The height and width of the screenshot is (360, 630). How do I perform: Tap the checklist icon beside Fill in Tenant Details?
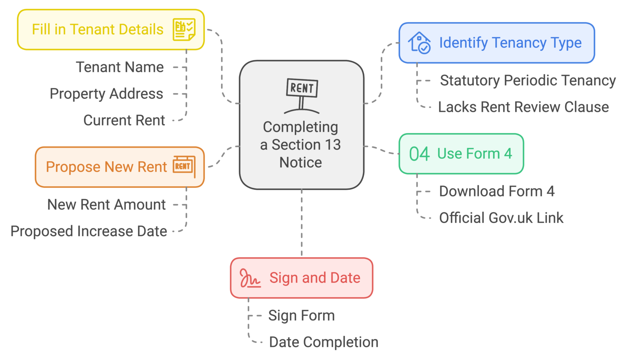pyautogui.click(x=184, y=30)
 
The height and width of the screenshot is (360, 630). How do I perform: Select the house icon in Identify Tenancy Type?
pyautogui.click(x=419, y=43)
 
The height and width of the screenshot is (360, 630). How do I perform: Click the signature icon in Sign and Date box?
pyautogui.click(x=250, y=278)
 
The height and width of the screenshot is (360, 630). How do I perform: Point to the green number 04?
pyautogui.click(x=419, y=154)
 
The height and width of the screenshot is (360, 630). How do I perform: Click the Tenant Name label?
pyautogui.click(x=120, y=67)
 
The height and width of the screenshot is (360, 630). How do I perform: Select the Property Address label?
pyautogui.click(x=106, y=94)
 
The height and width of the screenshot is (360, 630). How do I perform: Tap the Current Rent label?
pyautogui.click(x=124, y=121)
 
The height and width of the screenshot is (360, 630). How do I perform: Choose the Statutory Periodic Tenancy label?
pyautogui.click(x=527, y=81)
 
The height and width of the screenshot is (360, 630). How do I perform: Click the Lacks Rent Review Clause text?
pyautogui.click(x=523, y=107)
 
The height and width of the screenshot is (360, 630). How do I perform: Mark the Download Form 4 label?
pyautogui.click(x=496, y=191)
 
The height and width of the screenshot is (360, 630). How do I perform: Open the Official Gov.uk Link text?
pyautogui.click(x=501, y=218)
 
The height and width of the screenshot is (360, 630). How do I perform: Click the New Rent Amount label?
pyautogui.click(x=107, y=205)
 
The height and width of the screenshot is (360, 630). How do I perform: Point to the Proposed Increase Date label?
pyautogui.click(x=89, y=231)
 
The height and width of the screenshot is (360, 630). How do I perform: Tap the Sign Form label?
pyautogui.click(x=301, y=316)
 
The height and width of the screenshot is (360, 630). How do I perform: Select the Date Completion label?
pyautogui.click(x=323, y=342)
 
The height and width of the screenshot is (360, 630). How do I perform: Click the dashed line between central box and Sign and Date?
pyautogui.click(x=302, y=223)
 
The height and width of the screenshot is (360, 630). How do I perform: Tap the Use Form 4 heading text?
pyautogui.click(x=475, y=154)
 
